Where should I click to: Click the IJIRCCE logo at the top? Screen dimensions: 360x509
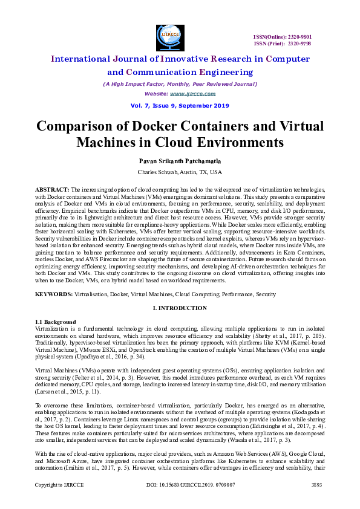pos(169,36)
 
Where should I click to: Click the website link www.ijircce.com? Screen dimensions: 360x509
pos(186,94)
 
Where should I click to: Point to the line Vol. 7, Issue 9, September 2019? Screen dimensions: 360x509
pos(180,106)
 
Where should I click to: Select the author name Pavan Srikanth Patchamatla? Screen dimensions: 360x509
pos(180,161)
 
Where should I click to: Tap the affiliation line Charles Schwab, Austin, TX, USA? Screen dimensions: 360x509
pos(180,172)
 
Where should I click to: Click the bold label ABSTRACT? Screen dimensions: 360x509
pos(53,189)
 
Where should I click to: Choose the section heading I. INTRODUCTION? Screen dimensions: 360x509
pos(180,308)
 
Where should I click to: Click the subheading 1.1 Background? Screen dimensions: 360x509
pos(56,321)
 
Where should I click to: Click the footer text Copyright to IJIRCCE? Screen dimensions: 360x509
pos(57,485)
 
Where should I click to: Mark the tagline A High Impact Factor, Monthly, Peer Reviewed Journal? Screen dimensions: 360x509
pos(180,84)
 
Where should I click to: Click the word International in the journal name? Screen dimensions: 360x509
pos(87,59)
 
